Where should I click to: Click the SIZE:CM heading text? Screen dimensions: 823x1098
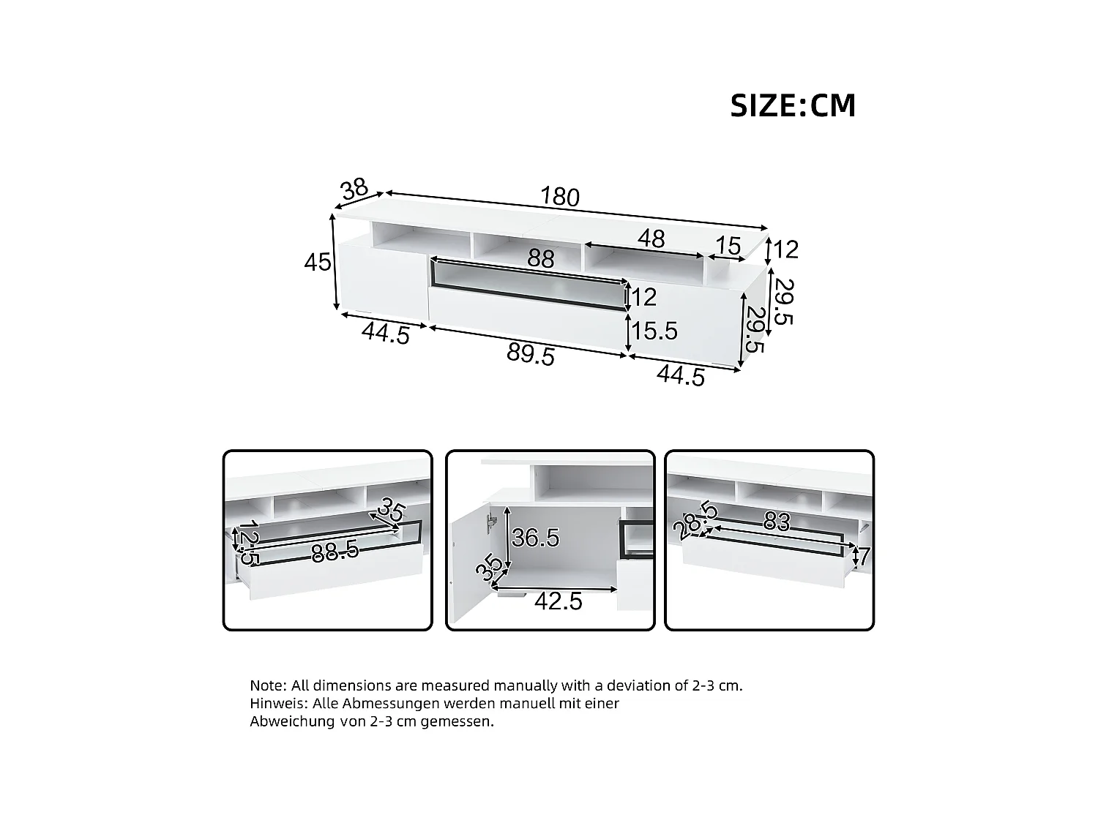coord(793,106)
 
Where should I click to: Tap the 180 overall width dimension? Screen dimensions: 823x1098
coord(560,197)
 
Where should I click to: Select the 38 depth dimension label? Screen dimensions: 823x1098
coord(354,189)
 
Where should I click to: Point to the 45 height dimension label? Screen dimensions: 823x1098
coord(318,262)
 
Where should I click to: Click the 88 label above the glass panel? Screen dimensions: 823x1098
coord(541,259)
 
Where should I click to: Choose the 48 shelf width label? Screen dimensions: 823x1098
coord(651,238)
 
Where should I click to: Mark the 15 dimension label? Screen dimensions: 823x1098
coord(728,247)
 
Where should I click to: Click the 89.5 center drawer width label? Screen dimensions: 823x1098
coord(531,355)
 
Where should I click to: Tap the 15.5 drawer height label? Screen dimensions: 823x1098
coord(654,331)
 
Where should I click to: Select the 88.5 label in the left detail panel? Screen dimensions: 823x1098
coord(335,552)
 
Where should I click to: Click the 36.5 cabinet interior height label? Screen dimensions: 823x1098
coord(535,538)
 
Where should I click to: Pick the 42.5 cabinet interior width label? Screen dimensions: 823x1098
coord(558,601)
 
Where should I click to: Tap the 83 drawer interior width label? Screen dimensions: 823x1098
coord(777,522)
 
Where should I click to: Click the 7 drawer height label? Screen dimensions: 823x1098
coord(863,557)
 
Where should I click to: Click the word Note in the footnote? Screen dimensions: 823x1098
coord(268,685)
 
